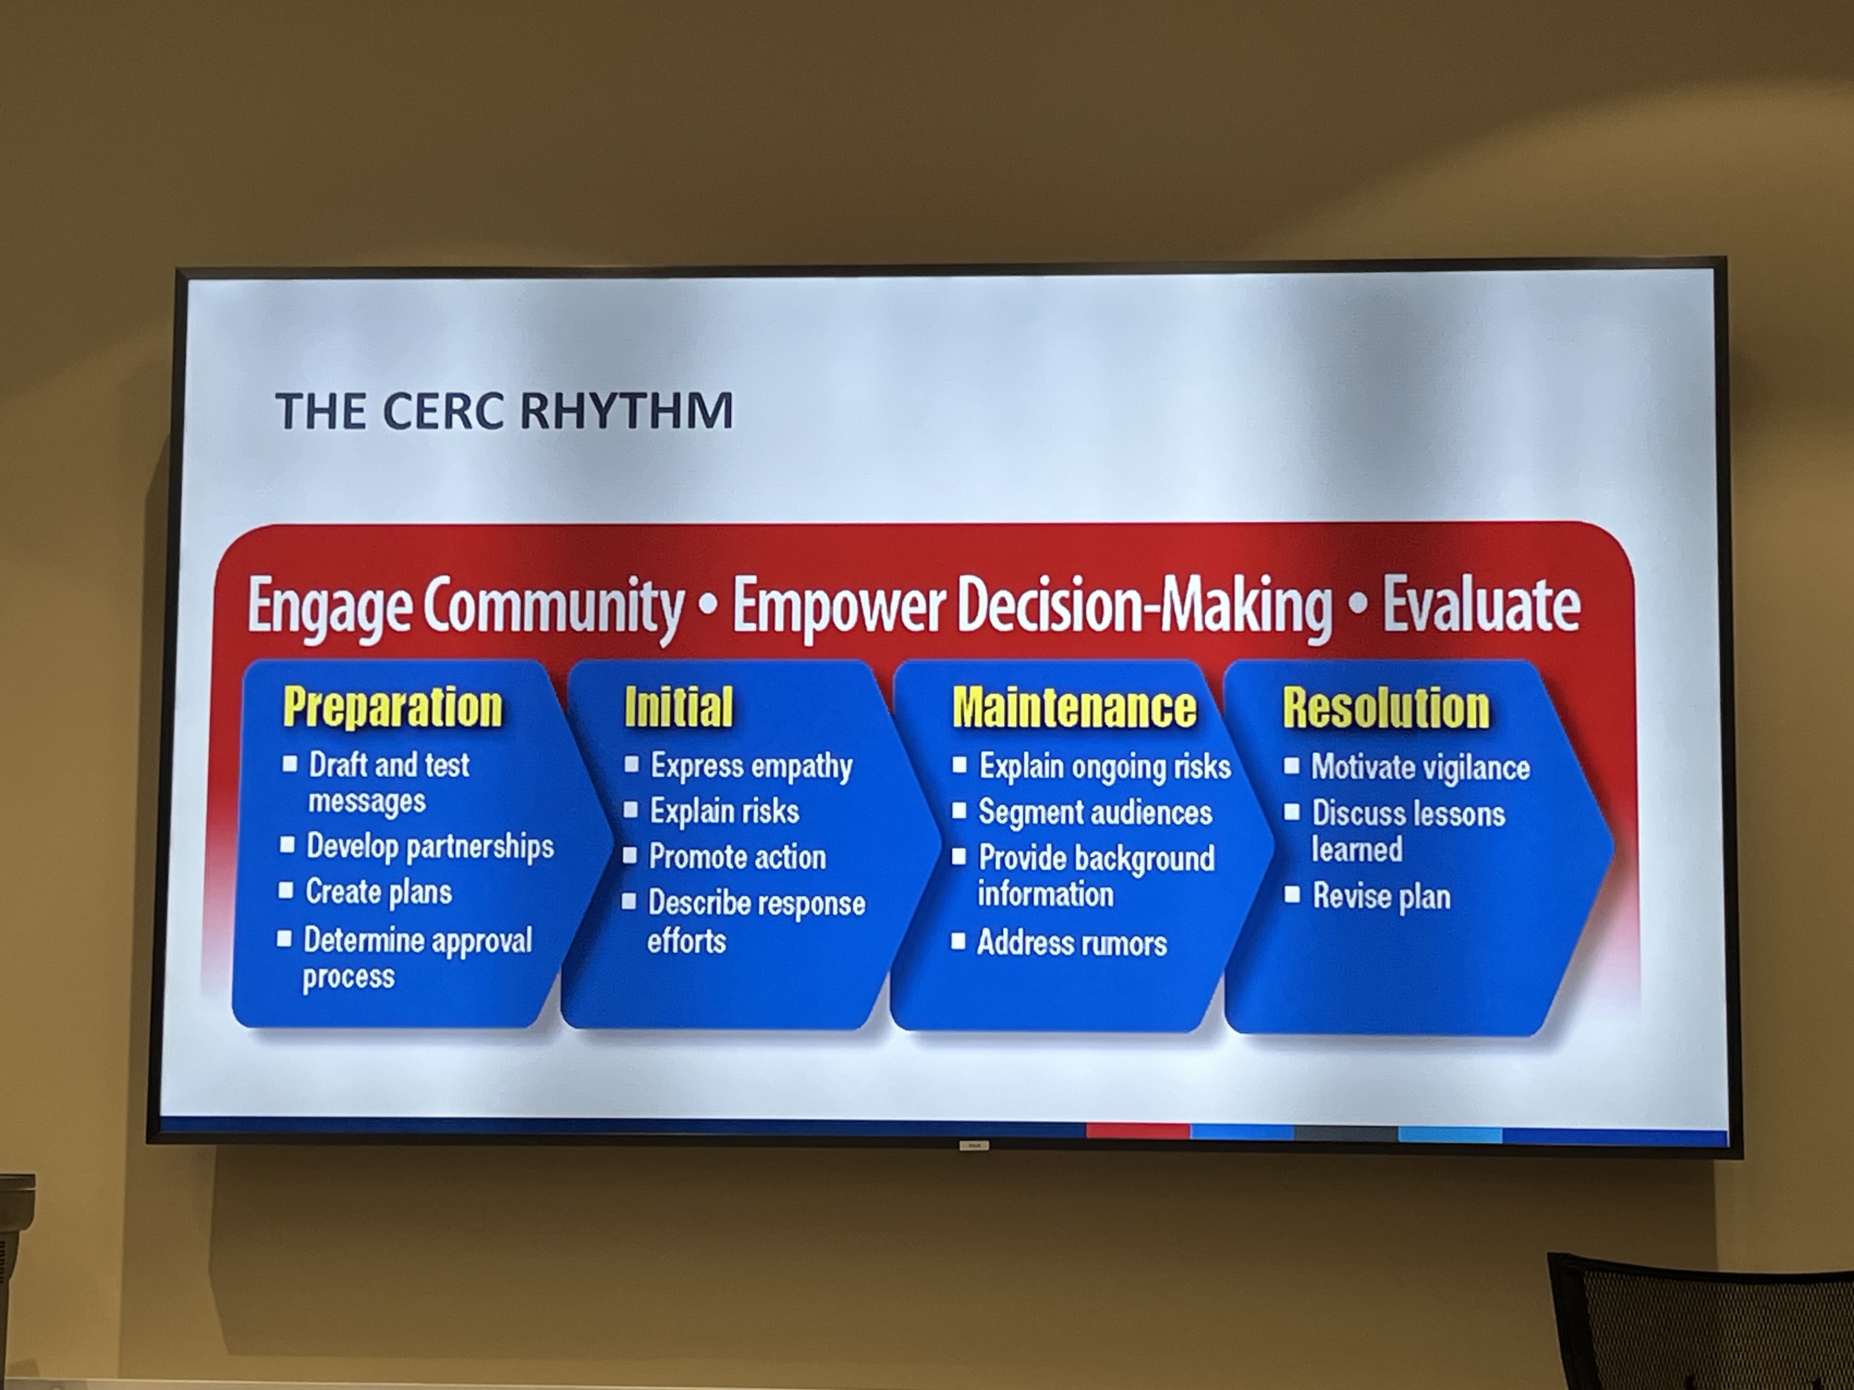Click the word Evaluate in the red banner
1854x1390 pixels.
1481,605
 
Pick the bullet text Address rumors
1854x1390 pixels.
1072,943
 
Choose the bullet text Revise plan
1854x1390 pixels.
1381,896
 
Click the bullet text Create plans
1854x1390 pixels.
379,891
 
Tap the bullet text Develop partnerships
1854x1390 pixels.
430,846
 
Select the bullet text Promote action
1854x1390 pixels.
738,856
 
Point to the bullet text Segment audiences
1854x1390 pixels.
1095,812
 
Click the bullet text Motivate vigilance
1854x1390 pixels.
1421,767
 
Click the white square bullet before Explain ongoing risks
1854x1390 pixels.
960,764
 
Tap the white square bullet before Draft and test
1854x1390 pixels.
290,763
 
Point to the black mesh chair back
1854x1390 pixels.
1701,1324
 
